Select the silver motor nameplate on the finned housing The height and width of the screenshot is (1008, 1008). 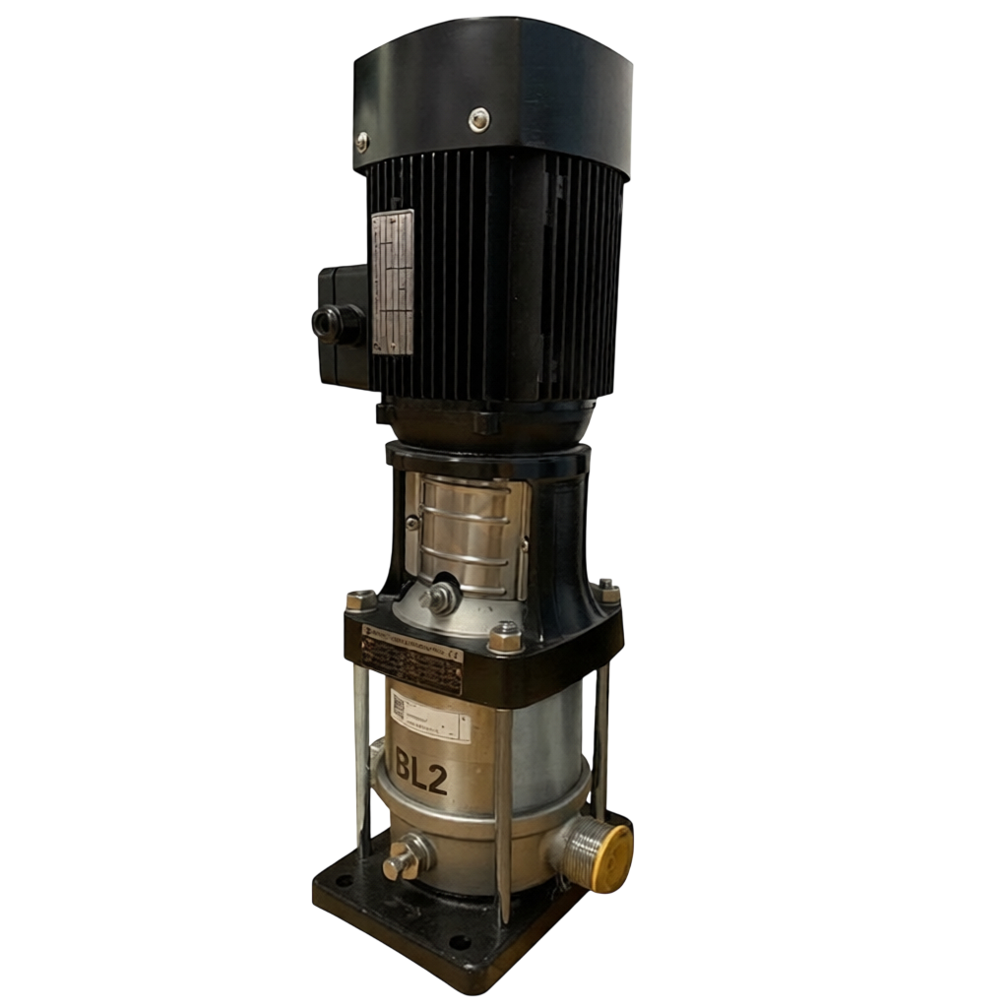click(393, 283)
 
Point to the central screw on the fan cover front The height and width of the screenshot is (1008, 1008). click(478, 119)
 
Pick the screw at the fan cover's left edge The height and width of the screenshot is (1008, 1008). click(362, 142)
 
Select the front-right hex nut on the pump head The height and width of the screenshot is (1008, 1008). click(505, 638)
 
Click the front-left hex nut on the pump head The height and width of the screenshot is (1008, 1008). click(361, 600)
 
